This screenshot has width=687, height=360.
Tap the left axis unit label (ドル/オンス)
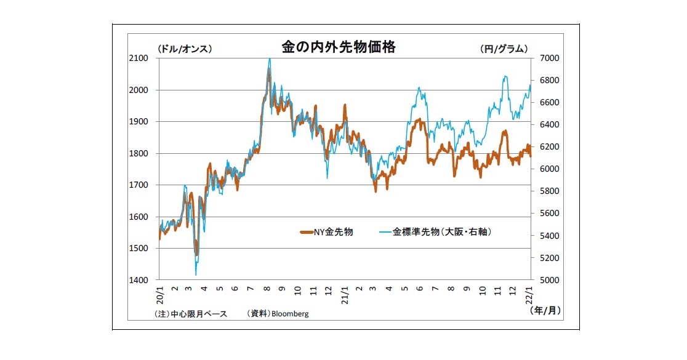(x=185, y=49)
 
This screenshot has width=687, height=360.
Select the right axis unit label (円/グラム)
(x=503, y=49)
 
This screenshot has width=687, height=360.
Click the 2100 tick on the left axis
(x=139, y=58)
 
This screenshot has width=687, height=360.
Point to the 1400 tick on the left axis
(x=139, y=280)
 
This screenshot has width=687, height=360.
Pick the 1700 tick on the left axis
(x=139, y=185)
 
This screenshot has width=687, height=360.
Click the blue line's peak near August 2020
(x=270, y=59)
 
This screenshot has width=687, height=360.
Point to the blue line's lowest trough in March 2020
(x=196, y=274)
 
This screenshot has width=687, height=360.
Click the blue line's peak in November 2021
(x=505, y=77)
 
